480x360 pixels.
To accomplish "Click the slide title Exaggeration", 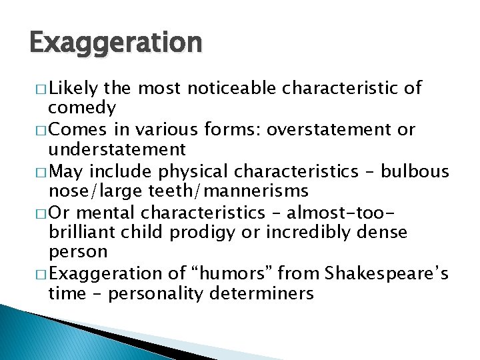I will [x=115, y=43].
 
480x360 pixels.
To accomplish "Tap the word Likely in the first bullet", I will [x=74, y=88].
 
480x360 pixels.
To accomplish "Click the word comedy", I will [x=83, y=107].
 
